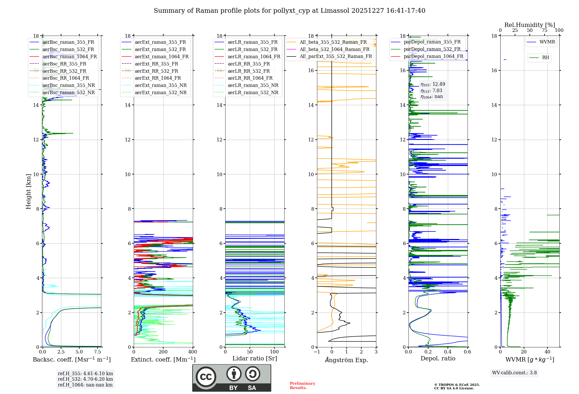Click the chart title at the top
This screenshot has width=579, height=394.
289,11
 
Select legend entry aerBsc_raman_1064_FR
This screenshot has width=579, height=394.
69,56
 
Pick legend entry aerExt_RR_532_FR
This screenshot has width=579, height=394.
156,71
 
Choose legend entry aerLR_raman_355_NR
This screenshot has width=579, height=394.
253,85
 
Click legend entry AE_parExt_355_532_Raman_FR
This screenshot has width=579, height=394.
336,56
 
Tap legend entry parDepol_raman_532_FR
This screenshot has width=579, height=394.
432,49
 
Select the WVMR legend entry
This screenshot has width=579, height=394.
547,42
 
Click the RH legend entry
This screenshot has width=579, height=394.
545,58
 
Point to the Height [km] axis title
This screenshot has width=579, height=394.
28,191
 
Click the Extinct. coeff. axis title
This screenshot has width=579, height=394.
163,360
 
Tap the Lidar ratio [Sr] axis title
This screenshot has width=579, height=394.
255,358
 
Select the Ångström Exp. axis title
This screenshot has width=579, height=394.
347,360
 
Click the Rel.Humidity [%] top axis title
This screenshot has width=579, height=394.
529,25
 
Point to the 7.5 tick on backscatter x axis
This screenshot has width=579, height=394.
98,352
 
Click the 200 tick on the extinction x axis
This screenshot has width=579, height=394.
163,352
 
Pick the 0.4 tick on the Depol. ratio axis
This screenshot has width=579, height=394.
448,352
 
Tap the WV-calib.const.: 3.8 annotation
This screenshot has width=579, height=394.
514,373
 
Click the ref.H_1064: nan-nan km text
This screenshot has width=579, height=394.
85,385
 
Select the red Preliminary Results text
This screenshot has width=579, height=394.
302,385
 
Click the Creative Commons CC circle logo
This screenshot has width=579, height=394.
206,377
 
